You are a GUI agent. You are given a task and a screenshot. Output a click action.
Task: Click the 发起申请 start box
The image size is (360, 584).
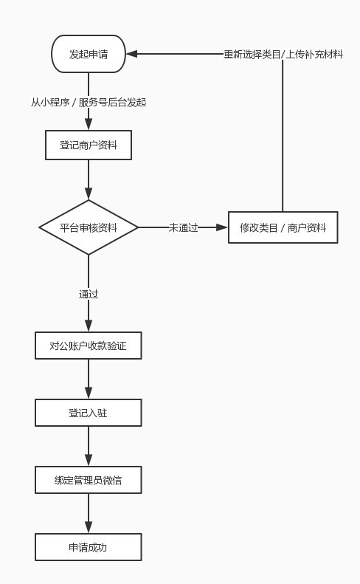89,54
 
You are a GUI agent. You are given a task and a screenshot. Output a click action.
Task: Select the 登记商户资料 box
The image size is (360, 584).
89,145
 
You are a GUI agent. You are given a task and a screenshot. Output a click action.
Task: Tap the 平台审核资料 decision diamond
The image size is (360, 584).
89,227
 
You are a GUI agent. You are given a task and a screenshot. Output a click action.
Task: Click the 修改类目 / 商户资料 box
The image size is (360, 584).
283,227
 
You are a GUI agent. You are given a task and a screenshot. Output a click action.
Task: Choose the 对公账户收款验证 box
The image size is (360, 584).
89,346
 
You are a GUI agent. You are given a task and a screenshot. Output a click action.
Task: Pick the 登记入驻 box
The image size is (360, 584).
89,413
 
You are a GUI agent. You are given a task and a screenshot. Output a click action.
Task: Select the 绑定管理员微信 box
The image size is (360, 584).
89,480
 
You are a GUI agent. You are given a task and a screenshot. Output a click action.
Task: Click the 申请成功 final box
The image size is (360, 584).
89,547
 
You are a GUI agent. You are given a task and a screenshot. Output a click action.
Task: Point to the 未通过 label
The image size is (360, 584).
183,227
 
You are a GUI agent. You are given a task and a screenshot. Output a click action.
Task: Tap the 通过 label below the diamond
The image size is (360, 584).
89,294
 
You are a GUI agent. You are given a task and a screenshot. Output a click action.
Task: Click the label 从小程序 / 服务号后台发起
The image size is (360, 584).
89,103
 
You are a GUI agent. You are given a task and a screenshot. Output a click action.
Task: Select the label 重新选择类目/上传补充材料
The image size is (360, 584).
283,54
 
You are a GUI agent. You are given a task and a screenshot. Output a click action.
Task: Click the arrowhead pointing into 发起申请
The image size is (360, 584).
131,54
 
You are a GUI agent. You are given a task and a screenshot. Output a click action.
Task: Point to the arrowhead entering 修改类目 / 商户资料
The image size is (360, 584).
223,227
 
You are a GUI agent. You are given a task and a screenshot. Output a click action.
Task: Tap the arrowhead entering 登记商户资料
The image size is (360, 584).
89,126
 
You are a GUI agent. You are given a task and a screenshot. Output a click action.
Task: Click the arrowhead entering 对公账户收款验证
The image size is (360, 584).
89,326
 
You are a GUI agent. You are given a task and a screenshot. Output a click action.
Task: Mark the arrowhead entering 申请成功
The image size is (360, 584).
89,528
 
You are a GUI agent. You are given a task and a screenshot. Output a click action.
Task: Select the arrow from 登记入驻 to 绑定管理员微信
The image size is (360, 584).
89,446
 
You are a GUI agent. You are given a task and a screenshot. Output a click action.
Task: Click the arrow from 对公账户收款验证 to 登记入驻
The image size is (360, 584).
89,379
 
